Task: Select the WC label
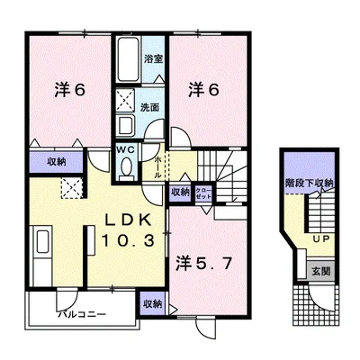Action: [x=124, y=151]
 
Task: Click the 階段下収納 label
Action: [x=311, y=183]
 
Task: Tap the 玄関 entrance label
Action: [x=321, y=268]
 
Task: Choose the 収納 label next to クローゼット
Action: [x=179, y=192]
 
